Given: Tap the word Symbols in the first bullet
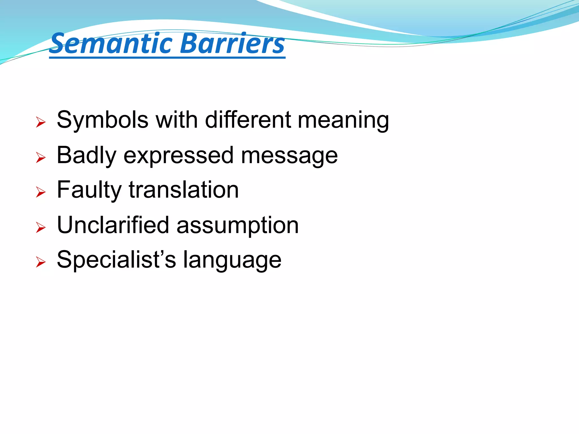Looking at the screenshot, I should point(102,120).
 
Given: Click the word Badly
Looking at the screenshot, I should point(87,156).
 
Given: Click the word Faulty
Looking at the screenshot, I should point(89,190).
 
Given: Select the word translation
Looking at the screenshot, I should point(184,190).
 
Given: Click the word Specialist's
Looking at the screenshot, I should point(116,260).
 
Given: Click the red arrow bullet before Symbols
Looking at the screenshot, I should point(41,123).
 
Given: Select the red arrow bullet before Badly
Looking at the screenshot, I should point(41,158).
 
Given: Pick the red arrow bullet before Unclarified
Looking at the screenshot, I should point(41,228).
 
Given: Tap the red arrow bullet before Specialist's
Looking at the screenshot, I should point(41,262).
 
